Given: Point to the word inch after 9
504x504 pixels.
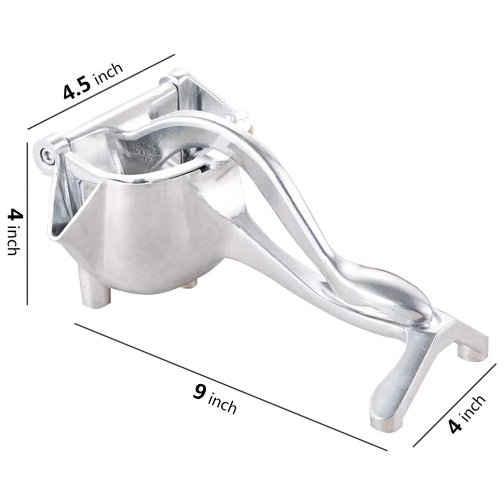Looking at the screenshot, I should pos(222,402).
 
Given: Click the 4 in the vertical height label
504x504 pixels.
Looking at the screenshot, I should pos(15,216).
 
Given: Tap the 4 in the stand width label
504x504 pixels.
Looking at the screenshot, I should pos(455,426).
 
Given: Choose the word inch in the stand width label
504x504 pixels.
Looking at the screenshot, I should pos(473,408).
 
